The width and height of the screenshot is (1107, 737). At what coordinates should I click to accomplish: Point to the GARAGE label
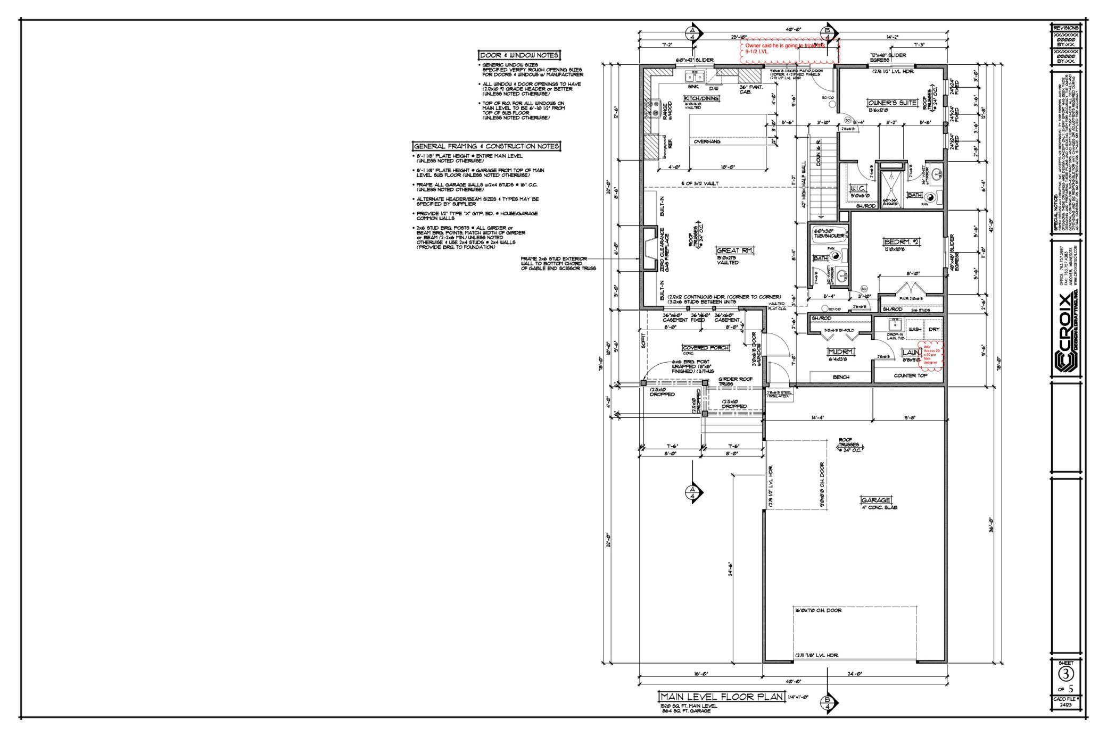click(x=875, y=500)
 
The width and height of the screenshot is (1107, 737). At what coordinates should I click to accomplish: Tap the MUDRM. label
click(x=841, y=352)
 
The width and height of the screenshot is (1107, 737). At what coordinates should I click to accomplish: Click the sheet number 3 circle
click(x=1065, y=674)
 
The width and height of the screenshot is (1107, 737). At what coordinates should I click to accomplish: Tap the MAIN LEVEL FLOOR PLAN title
click(x=721, y=697)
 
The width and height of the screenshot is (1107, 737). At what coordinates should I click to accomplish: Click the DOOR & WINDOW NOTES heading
click(x=519, y=55)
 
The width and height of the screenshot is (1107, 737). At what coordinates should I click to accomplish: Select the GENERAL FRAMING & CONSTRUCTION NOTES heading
click(x=486, y=146)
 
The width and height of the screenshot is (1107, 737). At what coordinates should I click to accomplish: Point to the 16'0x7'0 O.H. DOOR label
click(x=818, y=610)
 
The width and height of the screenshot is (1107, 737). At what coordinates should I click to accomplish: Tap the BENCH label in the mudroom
click(x=841, y=377)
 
